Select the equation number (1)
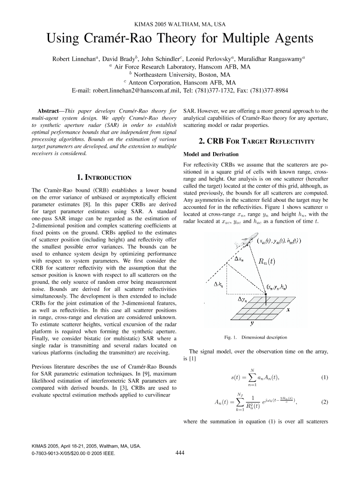pyautogui.click(x=324, y=378)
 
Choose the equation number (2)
pyautogui.click(x=324, y=402)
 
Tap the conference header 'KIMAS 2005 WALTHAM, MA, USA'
pyautogui.click(x=180, y=23)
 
